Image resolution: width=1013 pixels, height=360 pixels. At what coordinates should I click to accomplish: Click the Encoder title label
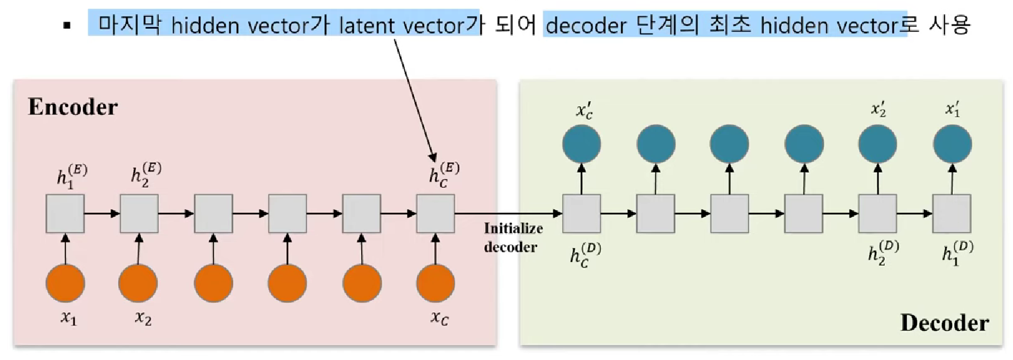point(72,107)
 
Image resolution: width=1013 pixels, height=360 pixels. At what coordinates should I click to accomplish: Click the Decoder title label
point(944,323)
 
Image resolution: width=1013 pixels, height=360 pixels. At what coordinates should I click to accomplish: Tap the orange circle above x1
point(65,283)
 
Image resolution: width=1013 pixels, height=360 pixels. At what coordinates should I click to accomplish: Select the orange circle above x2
point(138,283)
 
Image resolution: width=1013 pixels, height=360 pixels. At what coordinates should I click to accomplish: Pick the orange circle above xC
point(435,283)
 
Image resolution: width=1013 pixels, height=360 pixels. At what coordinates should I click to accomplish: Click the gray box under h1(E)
point(65,214)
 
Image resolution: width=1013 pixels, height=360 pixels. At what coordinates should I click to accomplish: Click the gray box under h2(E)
point(139,214)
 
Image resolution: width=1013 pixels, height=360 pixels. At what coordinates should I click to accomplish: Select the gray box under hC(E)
point(435,214)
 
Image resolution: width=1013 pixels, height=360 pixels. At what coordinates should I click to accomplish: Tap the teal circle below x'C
point(582,144)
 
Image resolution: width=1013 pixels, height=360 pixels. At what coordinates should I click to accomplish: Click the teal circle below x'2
point(877,144)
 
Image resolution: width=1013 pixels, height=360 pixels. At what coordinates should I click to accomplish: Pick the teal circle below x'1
point(952,144)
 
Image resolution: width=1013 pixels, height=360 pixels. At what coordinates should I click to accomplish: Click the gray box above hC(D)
point(582,214)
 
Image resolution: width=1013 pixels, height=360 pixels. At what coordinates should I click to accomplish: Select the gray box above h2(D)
point(877,214)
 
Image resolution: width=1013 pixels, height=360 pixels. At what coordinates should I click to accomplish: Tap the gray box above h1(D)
point(951,214)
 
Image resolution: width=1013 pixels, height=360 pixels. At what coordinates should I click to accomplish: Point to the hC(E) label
point(444,174)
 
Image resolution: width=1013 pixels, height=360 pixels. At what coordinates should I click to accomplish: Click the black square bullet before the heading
point(67,26)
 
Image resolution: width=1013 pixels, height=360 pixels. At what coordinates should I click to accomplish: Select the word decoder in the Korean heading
point(585,25)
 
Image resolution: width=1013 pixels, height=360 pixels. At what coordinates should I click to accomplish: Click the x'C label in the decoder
point(585,111)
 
